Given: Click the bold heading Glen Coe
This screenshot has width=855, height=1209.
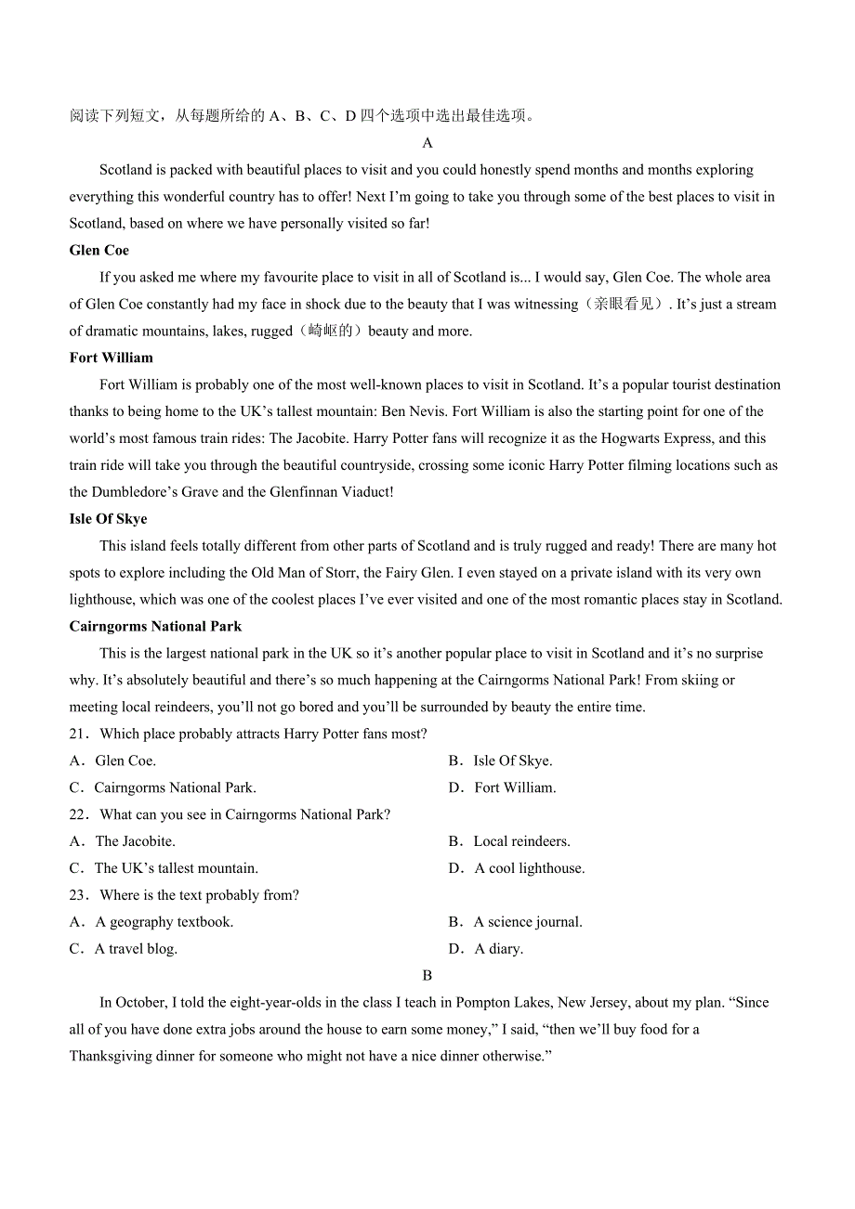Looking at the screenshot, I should [99, 250].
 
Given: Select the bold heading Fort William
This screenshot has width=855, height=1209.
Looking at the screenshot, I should [111, 357].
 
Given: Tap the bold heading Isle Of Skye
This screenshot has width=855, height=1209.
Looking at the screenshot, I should [108, 519].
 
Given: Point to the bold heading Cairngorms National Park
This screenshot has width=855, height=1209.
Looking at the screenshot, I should [155, 627].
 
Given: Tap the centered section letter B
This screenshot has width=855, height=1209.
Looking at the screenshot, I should [427, 976].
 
